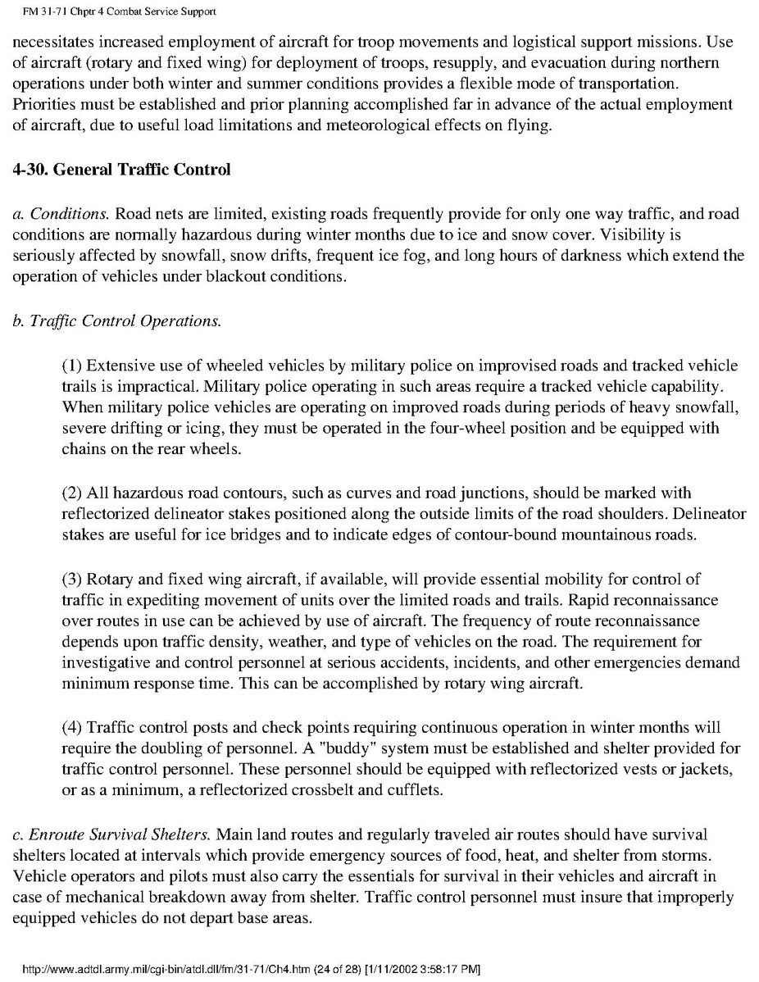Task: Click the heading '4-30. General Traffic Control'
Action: pyautogui.click(x=122, y=170)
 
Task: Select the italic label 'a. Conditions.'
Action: pyautogui.click(x=61, y=214)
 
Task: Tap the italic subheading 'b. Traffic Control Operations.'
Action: pyautogui.click(x=116, y=321)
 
